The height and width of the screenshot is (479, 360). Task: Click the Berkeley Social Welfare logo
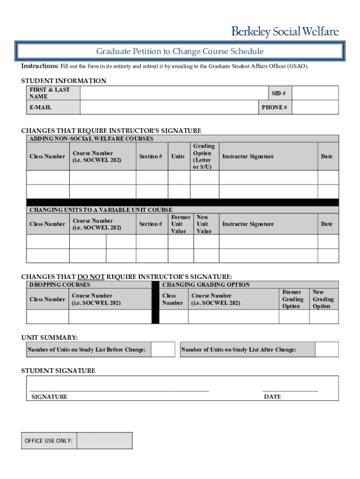pos(285,32)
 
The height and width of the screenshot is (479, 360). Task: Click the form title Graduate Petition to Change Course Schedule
pos(180,51)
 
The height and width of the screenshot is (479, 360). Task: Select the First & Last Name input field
pos(170,93)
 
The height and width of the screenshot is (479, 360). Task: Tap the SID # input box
pos(316,93)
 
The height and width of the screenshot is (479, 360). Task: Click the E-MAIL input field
pos(170,108)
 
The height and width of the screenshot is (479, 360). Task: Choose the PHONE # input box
pos(316,108)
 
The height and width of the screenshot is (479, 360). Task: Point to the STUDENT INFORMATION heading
pos(64,81)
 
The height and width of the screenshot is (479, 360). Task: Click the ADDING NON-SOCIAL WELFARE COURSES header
pos(91,139)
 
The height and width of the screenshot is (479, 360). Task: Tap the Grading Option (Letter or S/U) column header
pos(204,156)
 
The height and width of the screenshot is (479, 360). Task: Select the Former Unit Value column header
pos(180,224)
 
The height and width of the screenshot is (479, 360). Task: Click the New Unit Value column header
pos(204,224)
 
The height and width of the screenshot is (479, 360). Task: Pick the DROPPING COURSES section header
pos(60,284)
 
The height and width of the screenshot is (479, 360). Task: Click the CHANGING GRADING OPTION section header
pos(206,284)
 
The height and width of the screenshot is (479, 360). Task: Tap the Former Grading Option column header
pos(293,299)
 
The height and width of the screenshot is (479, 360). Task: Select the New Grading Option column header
pos(323,299)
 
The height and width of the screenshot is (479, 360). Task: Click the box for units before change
pos(163,350)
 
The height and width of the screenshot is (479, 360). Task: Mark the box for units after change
pos(327,350)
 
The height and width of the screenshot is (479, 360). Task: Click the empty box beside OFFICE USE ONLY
pos(104,441)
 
